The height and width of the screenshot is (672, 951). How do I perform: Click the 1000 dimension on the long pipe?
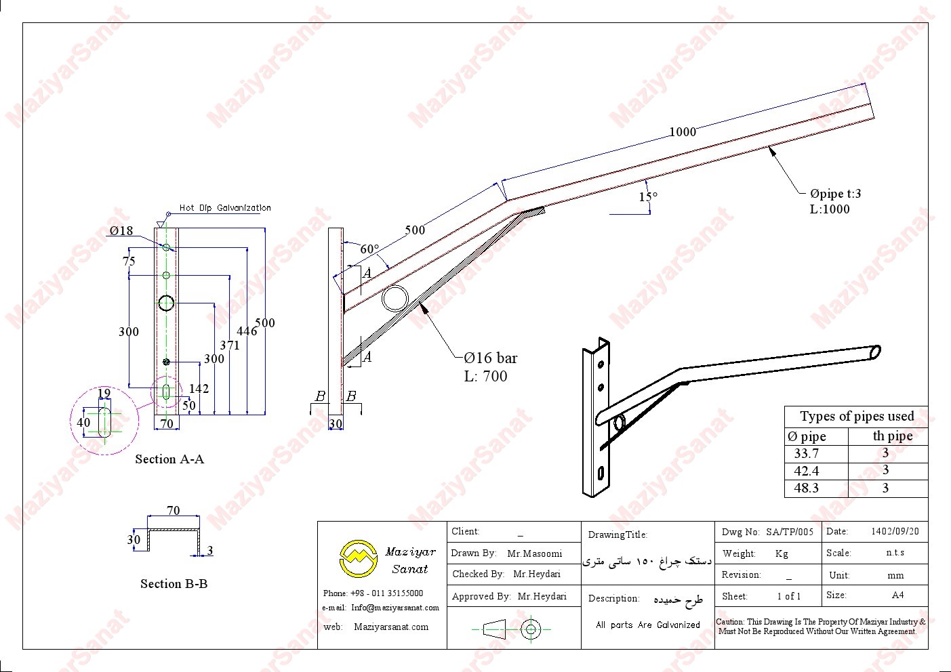(683, 132)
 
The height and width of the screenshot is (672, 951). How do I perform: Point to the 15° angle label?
(648, 196)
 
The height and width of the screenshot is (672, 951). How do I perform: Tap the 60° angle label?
(369, 249)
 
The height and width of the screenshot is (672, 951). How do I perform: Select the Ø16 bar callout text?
(490, 358)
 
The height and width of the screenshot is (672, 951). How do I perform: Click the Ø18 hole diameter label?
(121, 231)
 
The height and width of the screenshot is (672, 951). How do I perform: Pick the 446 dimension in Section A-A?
(247, 331)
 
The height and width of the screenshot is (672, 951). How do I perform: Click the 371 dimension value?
(230, 345)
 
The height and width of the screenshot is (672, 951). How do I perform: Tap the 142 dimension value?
(199, 389)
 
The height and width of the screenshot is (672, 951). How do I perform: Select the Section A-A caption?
(169, 459)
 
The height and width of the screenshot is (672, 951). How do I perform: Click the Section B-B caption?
(174, 584)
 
